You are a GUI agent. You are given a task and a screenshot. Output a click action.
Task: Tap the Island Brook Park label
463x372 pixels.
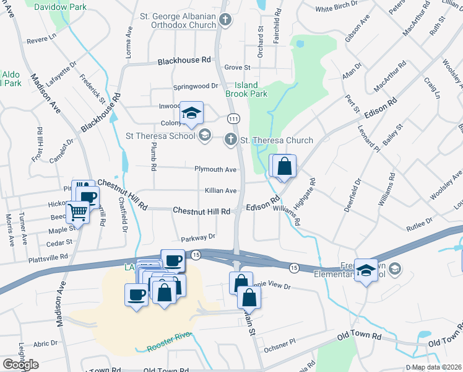tap(251, 89)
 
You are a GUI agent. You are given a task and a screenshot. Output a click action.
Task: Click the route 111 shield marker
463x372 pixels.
tap(233, 118)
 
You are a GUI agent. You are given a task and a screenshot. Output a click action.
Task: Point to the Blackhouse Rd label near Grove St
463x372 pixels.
tap(184, 61)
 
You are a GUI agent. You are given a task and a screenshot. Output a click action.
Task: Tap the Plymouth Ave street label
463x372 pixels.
tap(215, 169)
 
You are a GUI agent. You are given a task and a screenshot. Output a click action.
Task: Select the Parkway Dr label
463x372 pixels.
tap(197, 237)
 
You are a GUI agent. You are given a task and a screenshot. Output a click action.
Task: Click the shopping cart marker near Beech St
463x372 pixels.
tap(78, 212)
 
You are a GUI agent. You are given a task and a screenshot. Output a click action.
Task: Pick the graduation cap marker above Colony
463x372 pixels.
tap(192, 113)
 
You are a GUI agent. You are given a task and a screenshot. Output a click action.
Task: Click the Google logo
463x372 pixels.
tap(20, 365)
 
